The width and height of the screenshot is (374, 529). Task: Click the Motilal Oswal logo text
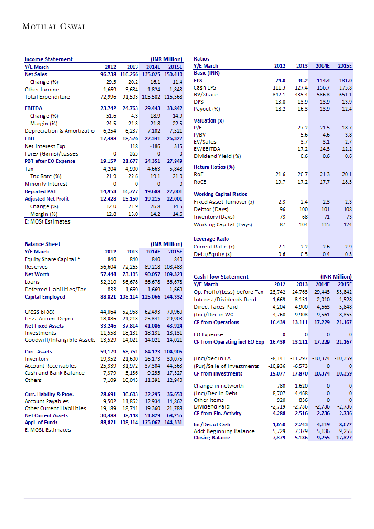pos(54,27)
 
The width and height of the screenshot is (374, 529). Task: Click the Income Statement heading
pos(48,59)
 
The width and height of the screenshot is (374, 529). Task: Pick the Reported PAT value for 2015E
pos(174,191)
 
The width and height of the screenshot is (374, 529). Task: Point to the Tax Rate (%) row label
pos(46,176)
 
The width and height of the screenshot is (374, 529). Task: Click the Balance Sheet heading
pos(43,244)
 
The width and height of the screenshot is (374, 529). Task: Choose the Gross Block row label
pos(39,312)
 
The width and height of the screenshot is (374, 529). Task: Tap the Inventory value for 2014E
pos(152,358)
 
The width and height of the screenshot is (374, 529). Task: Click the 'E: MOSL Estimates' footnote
pos(47,429)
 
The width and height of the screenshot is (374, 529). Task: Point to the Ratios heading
pos(201,59)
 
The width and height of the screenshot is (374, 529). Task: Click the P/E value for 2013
pos(301,128)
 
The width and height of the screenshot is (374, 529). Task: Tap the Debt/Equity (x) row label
pos(213,254)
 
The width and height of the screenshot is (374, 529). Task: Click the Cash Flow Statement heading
pos(221,276)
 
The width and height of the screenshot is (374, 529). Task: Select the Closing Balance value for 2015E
pos(344,438)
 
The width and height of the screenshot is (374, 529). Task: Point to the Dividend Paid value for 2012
pos(277,406)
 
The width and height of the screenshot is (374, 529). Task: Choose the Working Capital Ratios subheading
pos(220,194)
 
